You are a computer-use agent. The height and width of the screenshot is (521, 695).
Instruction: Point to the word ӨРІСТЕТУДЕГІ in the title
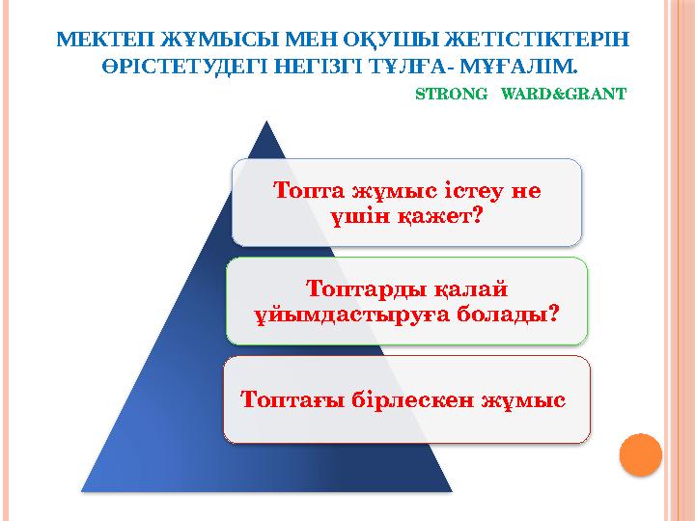[179, 69]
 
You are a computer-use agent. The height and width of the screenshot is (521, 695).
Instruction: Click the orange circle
[639, 452]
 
